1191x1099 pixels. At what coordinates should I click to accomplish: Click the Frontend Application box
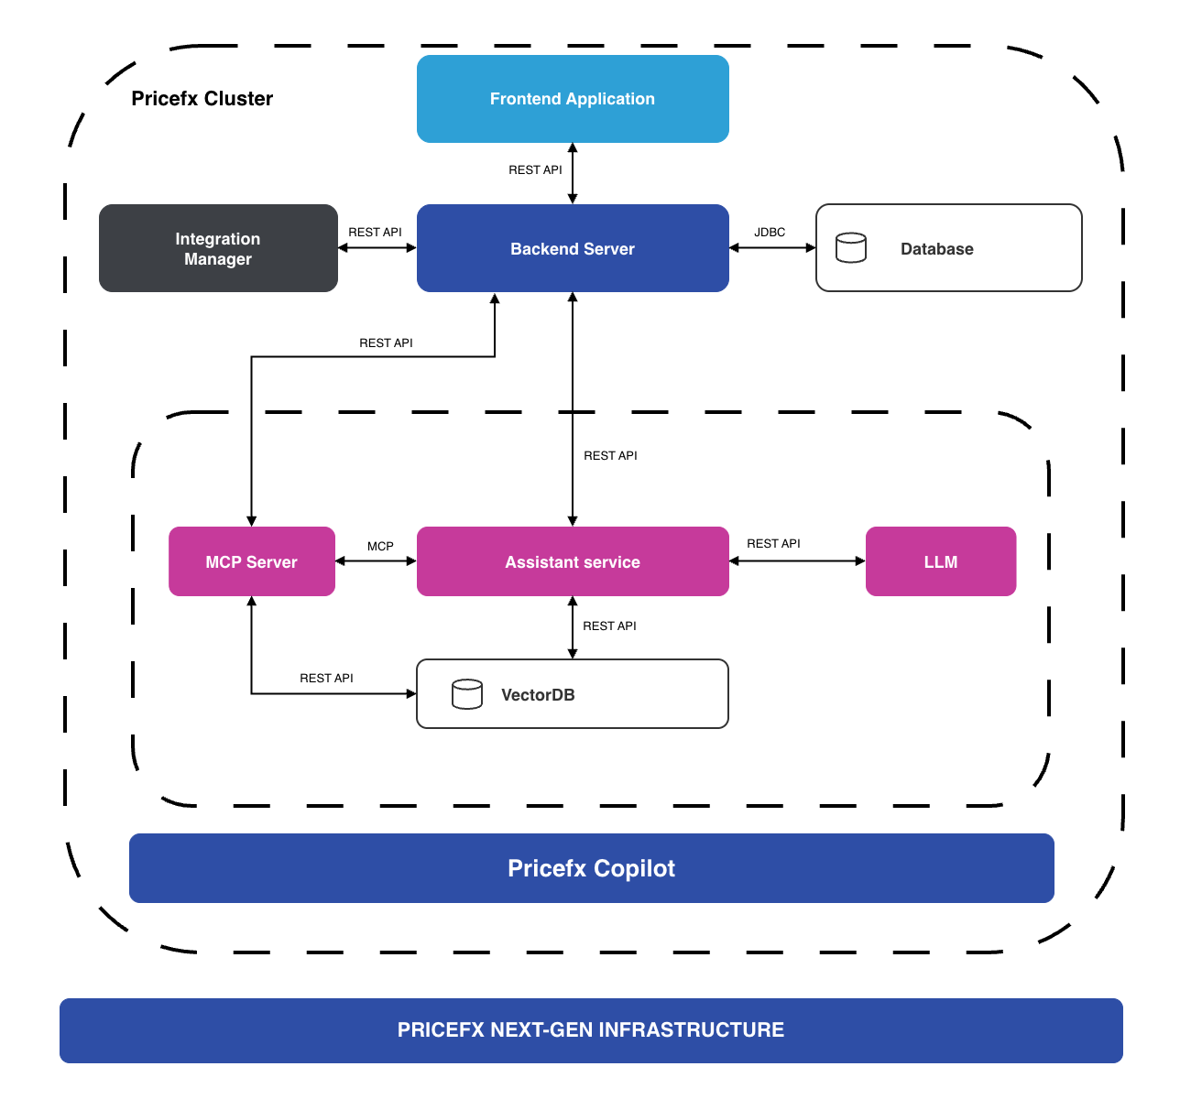pyautogui.click(x=573, y=99)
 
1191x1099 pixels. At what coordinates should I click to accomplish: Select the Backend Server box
pyautogui.click(x=573, y=248)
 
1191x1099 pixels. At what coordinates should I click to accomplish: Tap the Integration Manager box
pyautogui.click(x=218, y=248)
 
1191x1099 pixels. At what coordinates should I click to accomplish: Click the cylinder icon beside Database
pyautogui.click(x=851, y=247)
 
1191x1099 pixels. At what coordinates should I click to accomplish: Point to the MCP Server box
pyautogui.click(x=252, y=561)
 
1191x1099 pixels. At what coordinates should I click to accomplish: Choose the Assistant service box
pyautogui.click(x=573, y=561)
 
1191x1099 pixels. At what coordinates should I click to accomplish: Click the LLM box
pyautogui.click(x=941, y=561)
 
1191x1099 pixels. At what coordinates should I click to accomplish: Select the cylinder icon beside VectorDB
pyautogui.click(x=467, y=694)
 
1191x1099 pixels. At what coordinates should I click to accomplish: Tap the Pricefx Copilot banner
pyautogui.click(x=592, y=868)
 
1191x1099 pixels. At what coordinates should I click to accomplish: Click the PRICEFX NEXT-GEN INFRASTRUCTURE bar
pyautogui.click(x=591, y=1030)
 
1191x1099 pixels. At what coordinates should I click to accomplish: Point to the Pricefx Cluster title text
pyautogui.click(x=202, y=99)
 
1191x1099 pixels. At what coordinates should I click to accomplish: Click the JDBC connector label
pyautogui.click(x=770, y=233)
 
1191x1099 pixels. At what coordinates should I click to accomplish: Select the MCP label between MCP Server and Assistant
pyautogui.click(x=380, y=547)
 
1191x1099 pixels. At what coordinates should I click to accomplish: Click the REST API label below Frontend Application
pyautogui.click(x=535, y=170)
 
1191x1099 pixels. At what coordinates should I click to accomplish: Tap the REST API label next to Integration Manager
pyautogui.click(x=375, y=233)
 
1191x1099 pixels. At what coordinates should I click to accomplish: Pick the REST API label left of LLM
pyautogui.click(x=773, y=544)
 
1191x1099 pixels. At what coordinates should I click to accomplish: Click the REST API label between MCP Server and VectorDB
pyautogui.click(x=326, y=679)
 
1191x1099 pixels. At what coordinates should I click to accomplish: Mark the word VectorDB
pyautogui.click(x=538, y=695)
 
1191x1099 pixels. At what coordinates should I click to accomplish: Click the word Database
pyautogui.click(x=936, y=249)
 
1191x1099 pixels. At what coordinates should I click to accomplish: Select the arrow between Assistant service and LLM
pyautogui.click(x=797, y=561)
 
